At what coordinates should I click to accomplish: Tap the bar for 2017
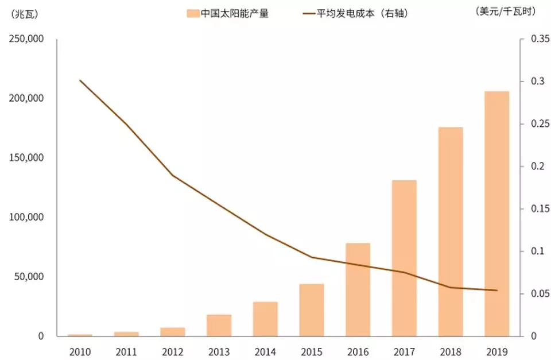404,258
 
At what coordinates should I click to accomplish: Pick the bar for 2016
358,289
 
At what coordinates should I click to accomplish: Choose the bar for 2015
312,309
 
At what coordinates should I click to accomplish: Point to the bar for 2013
219,325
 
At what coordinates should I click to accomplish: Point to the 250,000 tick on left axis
26,39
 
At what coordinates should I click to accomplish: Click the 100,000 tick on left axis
26,217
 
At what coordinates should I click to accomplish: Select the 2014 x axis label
265,351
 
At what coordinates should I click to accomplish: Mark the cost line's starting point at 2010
80,80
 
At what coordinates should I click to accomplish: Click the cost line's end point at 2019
496,291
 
